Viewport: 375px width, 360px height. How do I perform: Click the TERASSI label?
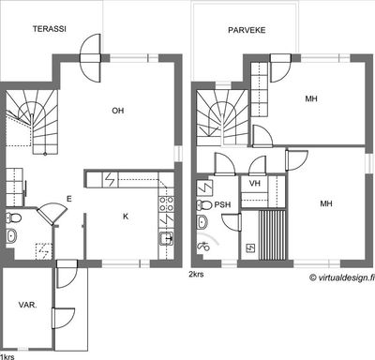[x=50, y=29]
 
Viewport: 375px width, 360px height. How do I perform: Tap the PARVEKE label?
[x=247, y=30]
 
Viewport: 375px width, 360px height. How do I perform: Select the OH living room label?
[x=118, y=111]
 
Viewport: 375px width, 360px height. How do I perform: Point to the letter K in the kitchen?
[x=126, y=217]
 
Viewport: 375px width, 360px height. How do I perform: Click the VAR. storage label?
[x=27, y=305]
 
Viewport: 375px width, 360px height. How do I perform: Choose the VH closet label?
[x=255, y=183]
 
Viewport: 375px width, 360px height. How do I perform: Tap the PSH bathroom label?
[x=222, y=205]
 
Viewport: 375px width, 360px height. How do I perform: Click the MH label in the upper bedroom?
[x=311, y=98]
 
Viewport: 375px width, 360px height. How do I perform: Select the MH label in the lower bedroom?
[x=326, y=203]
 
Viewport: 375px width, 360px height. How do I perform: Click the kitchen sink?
[x=167, y=239]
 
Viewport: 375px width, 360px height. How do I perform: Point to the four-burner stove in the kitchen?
[x=167, y=203]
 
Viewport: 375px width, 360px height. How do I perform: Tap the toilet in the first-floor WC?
[x=13, y=217]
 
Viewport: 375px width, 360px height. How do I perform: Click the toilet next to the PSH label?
[x=204, y=205]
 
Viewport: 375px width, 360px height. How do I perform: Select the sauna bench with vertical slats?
[x=273, y=235]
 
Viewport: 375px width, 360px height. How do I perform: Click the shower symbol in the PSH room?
[x=203, y=247]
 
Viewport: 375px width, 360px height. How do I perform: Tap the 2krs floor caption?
[x=196, y=275]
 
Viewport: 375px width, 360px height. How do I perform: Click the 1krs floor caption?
[x=7, y=356]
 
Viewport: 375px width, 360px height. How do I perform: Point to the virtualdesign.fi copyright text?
[x=342, y=277]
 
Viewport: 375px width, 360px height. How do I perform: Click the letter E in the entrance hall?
[x=69, y=199]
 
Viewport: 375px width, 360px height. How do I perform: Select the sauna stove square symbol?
[x=250, y=248]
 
